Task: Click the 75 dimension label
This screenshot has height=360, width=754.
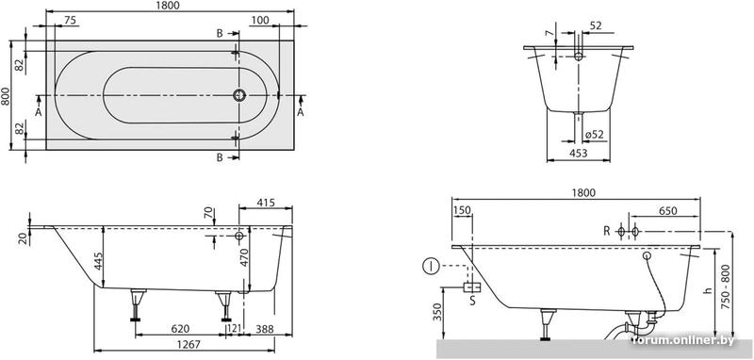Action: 70,20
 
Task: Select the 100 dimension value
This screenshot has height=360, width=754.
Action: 260,20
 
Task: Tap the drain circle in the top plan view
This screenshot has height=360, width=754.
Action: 239,95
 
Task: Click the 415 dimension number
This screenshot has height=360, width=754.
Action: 266,203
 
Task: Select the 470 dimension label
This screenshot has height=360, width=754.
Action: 244,258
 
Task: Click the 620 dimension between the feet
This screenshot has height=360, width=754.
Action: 181,329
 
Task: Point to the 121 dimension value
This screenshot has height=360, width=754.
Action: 234,329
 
